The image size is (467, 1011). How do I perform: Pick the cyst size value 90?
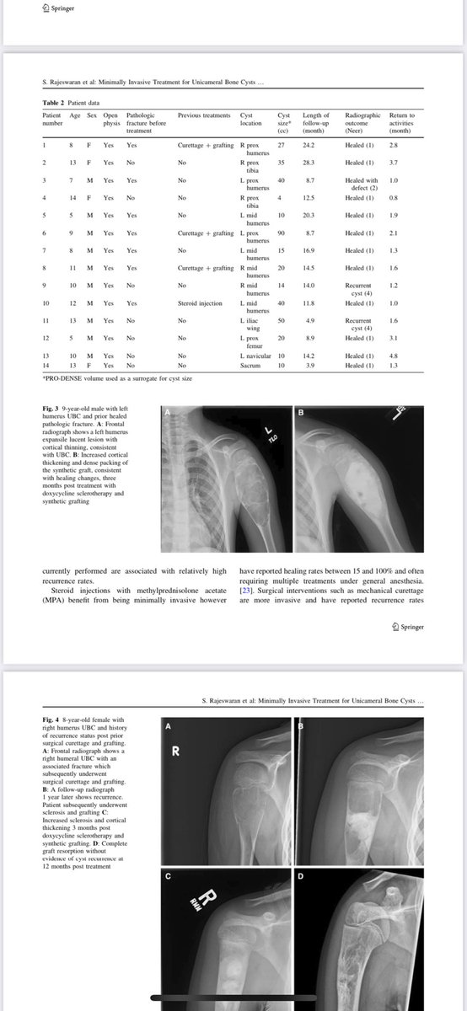click(282, 233)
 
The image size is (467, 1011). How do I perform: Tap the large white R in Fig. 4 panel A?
click(177, 754)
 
